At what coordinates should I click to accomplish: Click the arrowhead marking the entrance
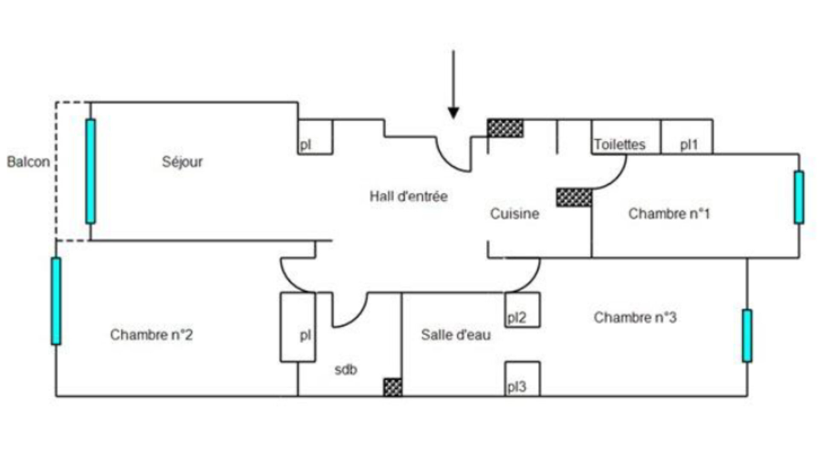(453, 112)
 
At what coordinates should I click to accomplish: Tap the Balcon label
(29, 162)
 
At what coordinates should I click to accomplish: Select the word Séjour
(182, 162)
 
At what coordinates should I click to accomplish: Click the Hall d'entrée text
(409, 196)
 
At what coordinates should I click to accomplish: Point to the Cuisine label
(514, 213)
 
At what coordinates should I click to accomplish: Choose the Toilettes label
(620, 144)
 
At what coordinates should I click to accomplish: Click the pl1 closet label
(689, 145)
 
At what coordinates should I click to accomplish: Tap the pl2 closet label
(517, 318)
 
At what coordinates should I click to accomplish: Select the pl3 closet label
(517, 387)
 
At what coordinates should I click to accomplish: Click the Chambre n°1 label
(669, 213)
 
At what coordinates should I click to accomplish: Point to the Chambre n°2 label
(151, 335)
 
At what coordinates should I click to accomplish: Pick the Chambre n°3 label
(635, 318)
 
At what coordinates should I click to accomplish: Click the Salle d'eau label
(456, 335)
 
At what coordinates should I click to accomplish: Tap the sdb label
(346, 370)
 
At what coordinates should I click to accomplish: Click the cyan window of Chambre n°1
(799, 197)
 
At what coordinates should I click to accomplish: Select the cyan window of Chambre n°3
(747, 336)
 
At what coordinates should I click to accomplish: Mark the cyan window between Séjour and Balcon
(90, 171)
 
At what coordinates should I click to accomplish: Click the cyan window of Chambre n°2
(56, 301)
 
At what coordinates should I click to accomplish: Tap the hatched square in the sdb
(392, 387)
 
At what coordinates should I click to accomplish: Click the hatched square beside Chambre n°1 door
(574, 197)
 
